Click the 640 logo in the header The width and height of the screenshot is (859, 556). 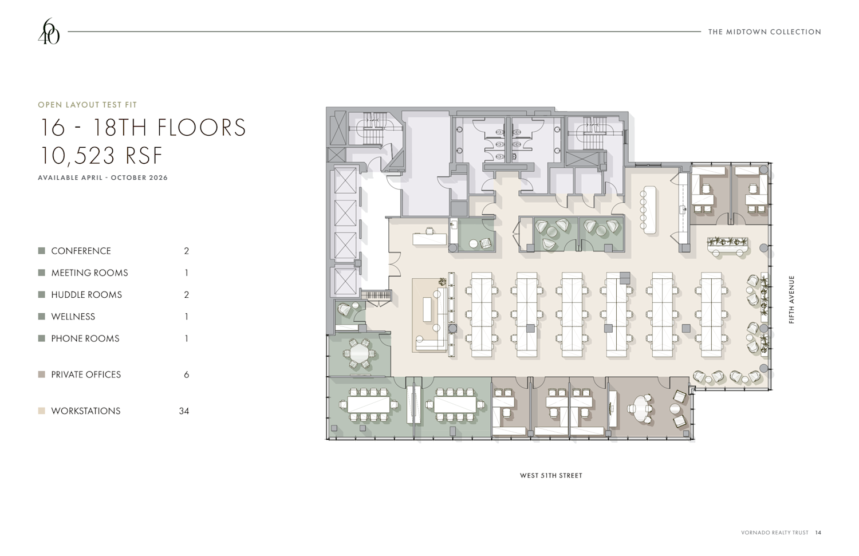pos(49,31)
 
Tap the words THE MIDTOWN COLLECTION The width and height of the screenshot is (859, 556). pos(765,32)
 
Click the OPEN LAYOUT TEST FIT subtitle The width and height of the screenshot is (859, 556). pos(88,105)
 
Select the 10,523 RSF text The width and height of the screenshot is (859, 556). pos(101,156)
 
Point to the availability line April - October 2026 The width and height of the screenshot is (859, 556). pos(103,178)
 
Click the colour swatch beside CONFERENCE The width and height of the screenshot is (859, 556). pos(42,251)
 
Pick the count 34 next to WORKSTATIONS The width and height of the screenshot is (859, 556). pos(184,411)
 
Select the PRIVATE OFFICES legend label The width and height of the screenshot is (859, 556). pos(86,374)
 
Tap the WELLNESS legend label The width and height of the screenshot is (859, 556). pos(73,317)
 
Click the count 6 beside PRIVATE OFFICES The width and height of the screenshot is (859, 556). pos(186,374)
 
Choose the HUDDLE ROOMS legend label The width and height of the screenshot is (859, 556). pos(86,295)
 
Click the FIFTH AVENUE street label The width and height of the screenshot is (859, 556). pos(791,299)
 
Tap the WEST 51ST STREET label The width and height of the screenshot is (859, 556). pos(551,475)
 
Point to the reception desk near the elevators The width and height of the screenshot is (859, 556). pos(429,239)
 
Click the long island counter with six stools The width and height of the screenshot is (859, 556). pos(650,210)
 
